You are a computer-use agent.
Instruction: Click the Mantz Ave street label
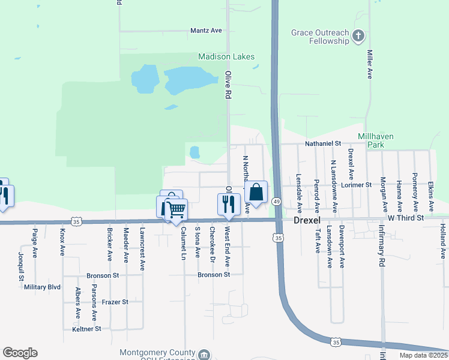tap(206, 30)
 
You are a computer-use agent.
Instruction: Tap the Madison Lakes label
tap(226, 57)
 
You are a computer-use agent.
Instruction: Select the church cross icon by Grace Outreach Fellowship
tap(358, 36)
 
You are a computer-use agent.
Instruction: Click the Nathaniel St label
tap(323, 144)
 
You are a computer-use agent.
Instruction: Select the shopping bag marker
tap(256, 193)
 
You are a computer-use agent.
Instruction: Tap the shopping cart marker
tap(176, 209)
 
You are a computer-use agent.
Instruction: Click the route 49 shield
tap(277, 202)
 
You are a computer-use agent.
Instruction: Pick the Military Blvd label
tap(42, 287)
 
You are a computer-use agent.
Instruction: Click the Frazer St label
tap(115, 302)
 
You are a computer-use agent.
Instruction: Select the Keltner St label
tap(87, 329)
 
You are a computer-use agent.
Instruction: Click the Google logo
tap(20, 353)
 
